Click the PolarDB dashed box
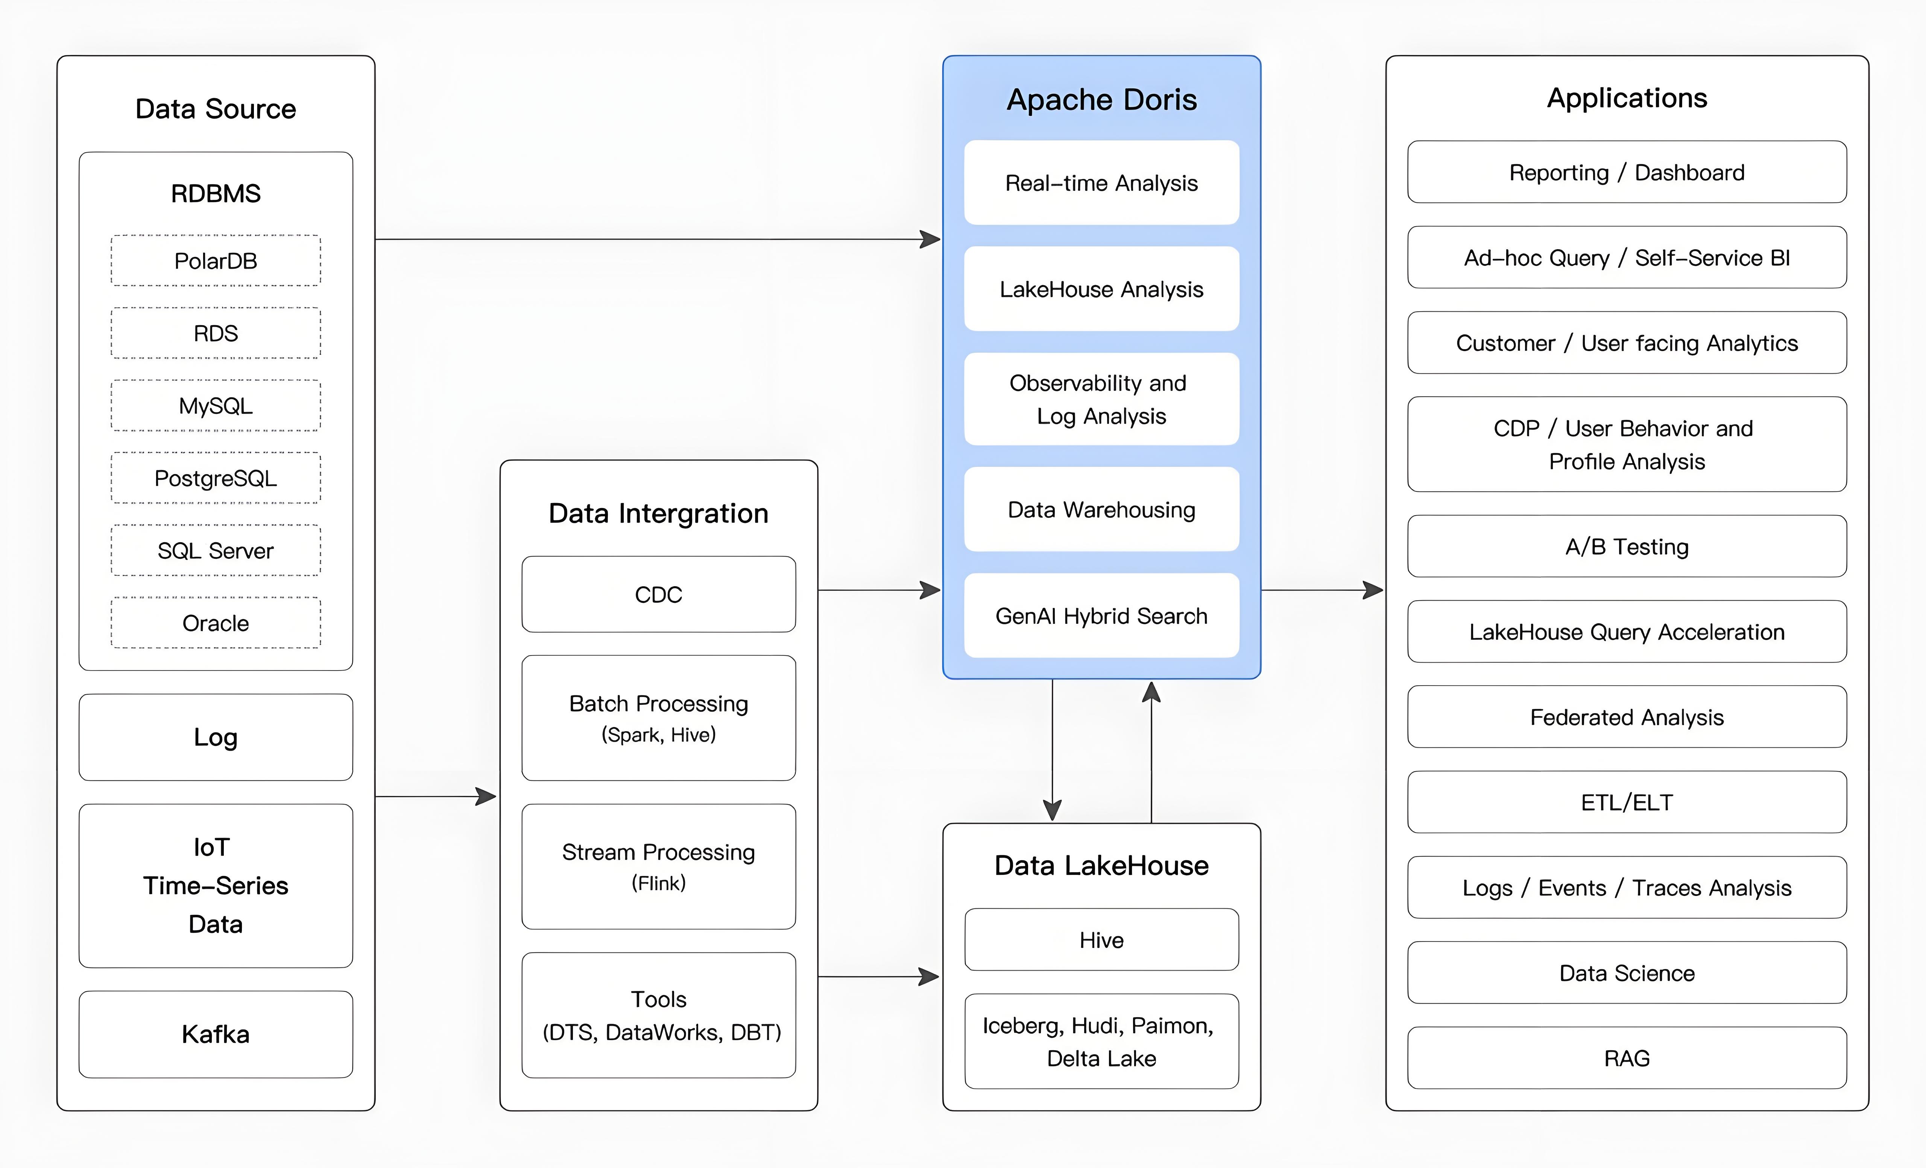(x=216, y=260)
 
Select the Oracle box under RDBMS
(x=216, y=623)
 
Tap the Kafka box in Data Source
(x=216, y=1034)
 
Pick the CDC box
(x=658, y=594)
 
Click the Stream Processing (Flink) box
(x=658, y=866)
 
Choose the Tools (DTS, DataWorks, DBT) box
(x=658, y=1015)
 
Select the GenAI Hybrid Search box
(x=1101, y=616)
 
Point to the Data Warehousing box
(x=1101, y=510)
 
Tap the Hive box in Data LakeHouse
(x=1101, y=940)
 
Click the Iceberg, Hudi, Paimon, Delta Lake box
(x=1101, y=1041)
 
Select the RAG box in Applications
(x=1627, y=1058)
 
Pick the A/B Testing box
(x=1627, y=546)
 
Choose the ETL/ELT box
(x=1627, y=802)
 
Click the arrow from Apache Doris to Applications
(x=1321, y=590)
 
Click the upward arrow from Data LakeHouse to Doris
(x=1151, y=751)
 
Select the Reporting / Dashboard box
(x=1627, y=172)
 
